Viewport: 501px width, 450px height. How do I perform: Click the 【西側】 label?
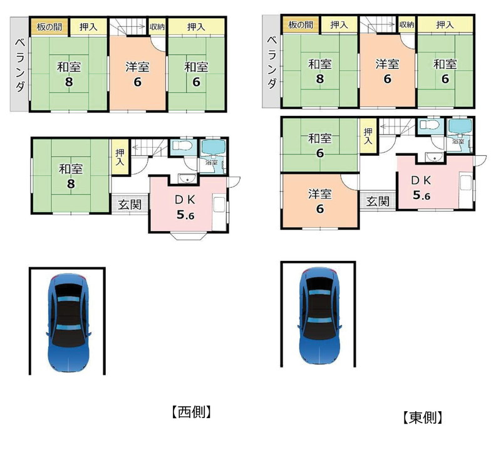click(192, 412)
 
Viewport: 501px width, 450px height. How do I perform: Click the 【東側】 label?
click(423, 417)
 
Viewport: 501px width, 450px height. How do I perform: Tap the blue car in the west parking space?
click(68, 322)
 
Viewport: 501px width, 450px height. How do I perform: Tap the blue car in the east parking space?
click(319, 315)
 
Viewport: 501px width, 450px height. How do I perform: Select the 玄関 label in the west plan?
click(130, 205)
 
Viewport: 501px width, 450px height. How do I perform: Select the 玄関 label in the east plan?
click(378, 201)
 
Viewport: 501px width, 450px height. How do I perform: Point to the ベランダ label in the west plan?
click(20, 65)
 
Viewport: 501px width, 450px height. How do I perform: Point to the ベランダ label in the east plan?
click(272, 63)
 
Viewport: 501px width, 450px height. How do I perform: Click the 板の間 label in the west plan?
click(49, 27)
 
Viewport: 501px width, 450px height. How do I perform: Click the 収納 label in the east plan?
click(406, 24)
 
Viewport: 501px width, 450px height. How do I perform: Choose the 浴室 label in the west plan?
click(210, 163)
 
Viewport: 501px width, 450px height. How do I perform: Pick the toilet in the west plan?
click(182, 146)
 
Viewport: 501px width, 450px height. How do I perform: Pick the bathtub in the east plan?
click(460, 126)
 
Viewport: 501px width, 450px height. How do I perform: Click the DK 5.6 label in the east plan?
click(421, 188)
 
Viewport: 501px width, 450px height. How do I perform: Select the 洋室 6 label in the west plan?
click(137, 74)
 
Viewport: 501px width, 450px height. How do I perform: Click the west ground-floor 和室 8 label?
click(71, 176)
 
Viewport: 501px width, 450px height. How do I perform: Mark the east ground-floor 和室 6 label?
click(320, 146)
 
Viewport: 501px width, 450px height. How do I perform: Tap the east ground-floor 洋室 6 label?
click(320, 201)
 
